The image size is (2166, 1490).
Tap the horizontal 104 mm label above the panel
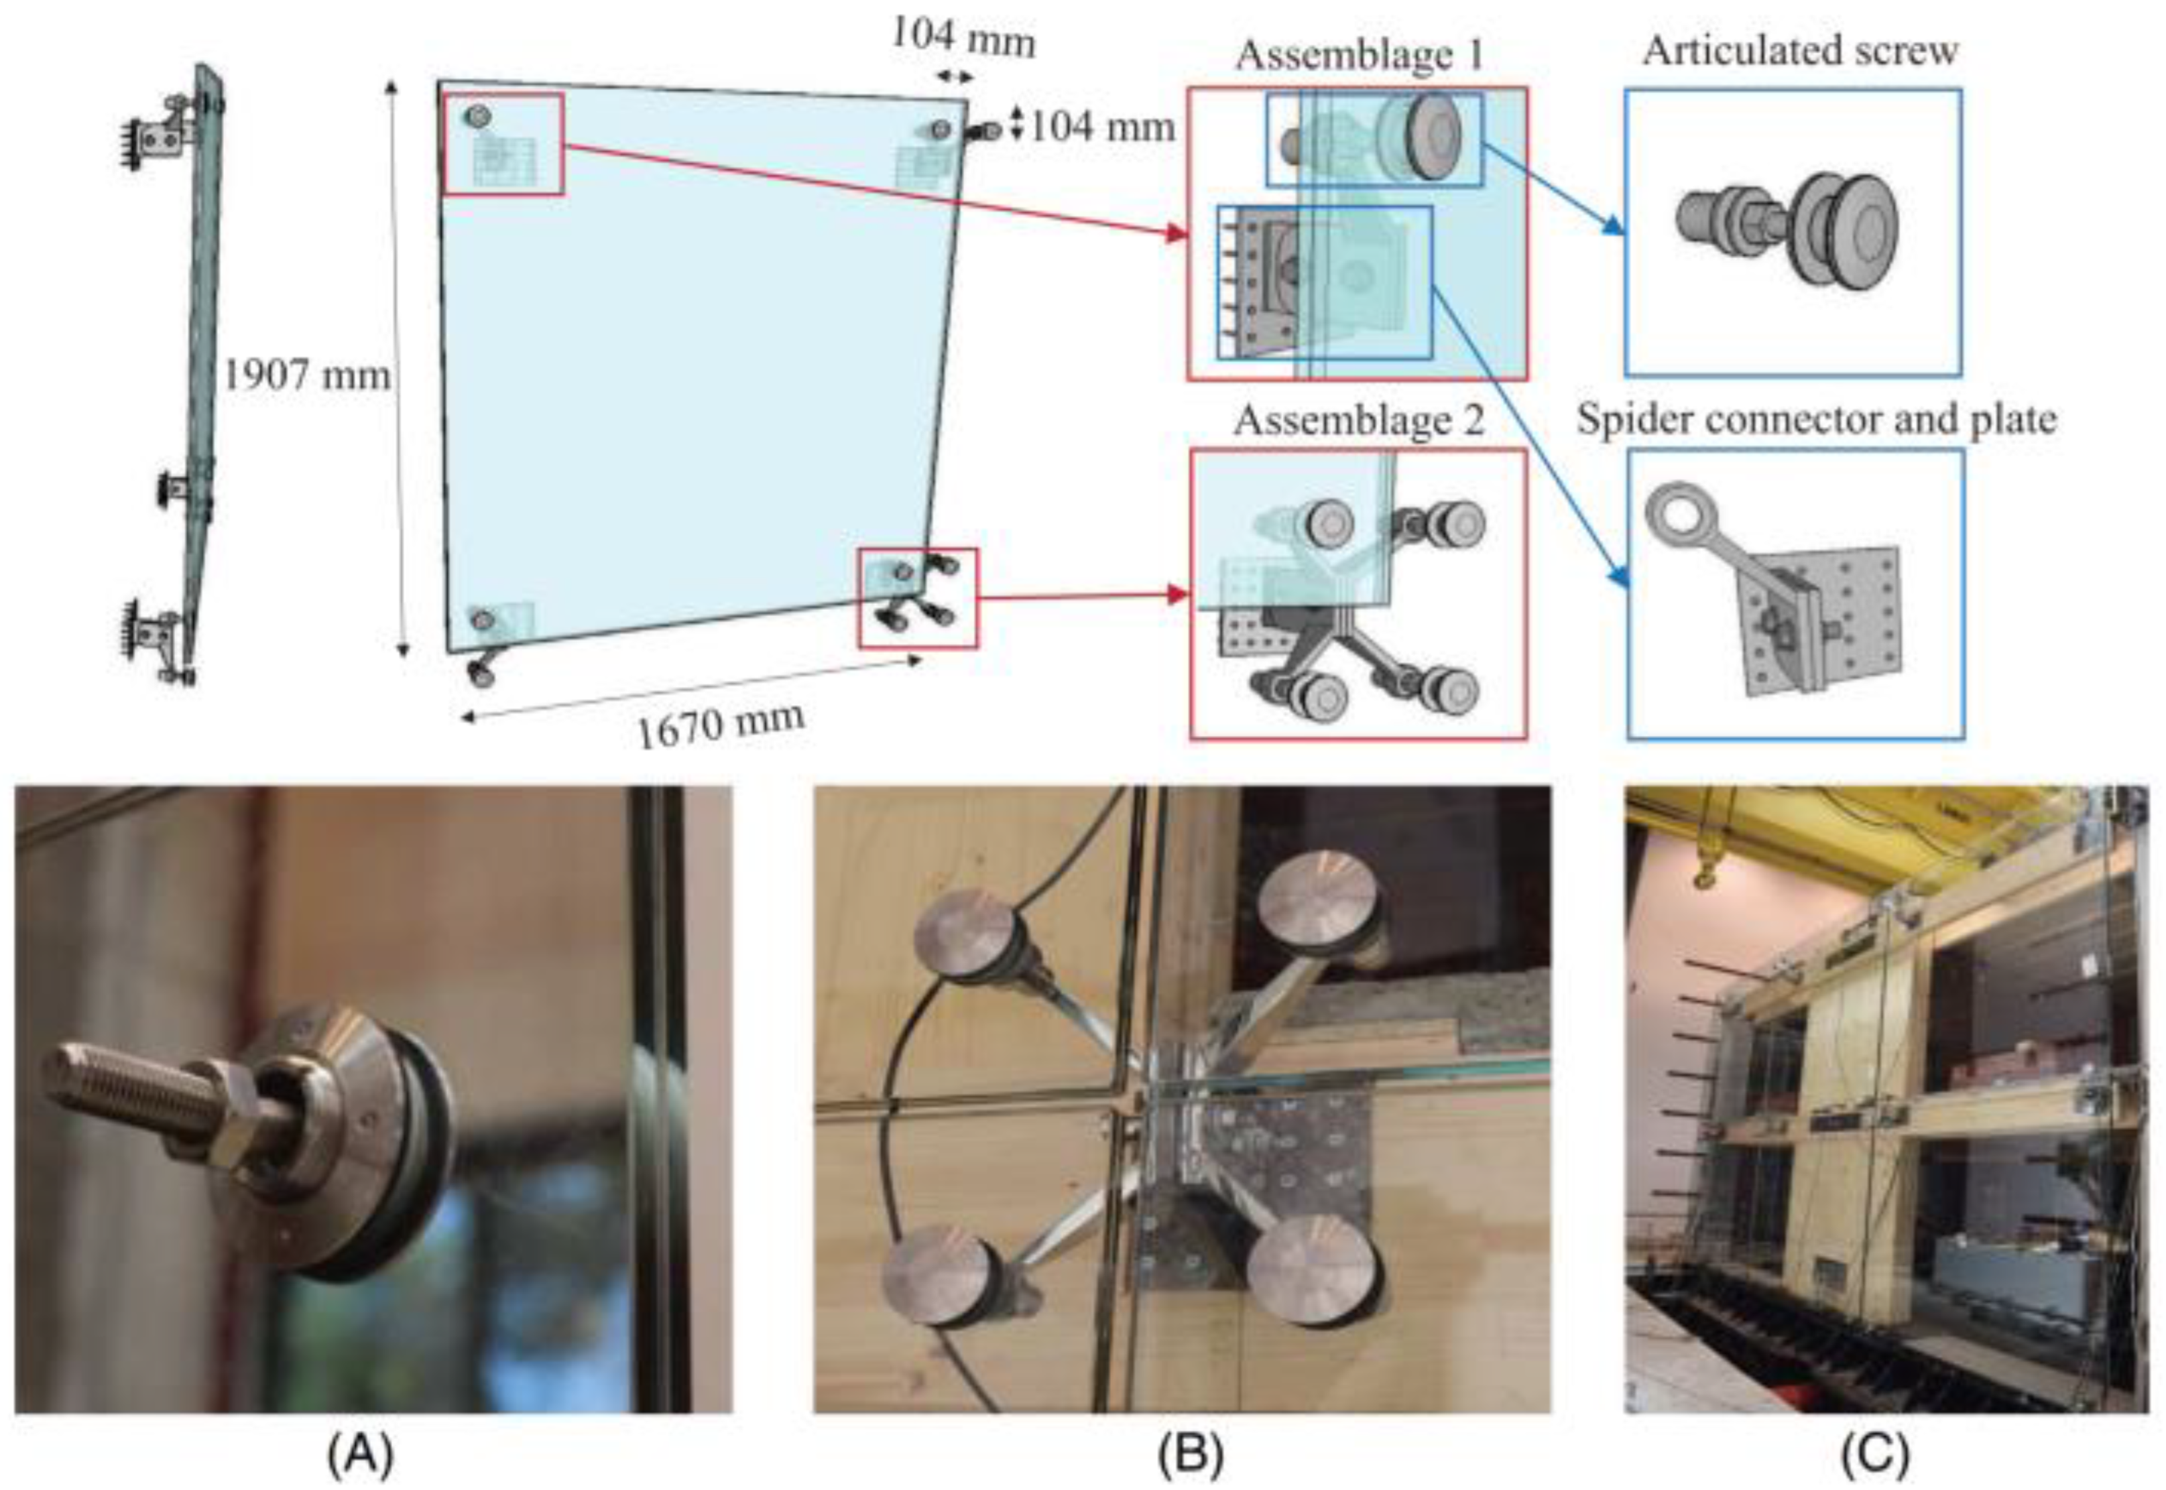click(963, 38)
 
